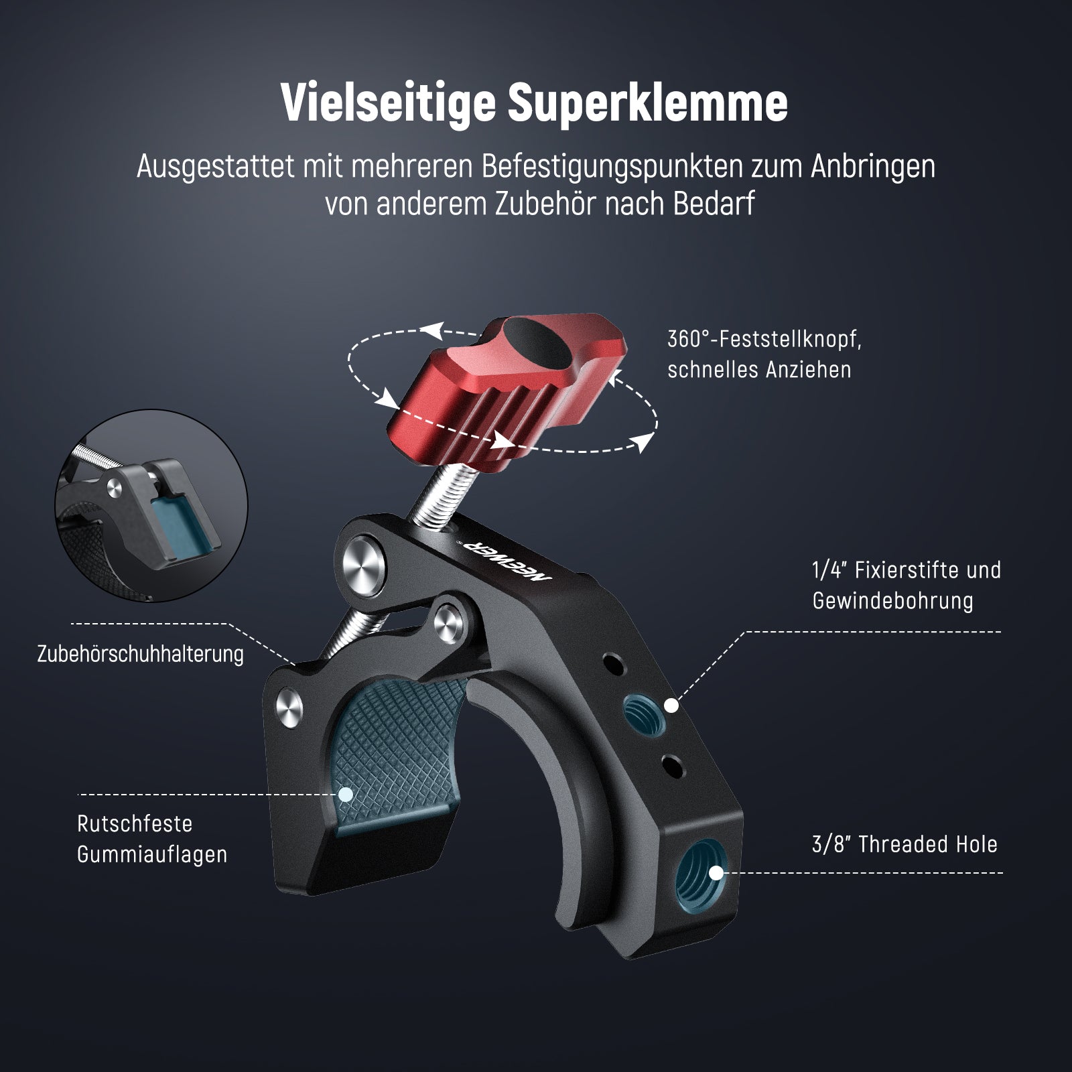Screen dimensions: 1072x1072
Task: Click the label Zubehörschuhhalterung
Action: [141, 654]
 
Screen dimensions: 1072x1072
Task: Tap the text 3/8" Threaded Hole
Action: [904, 844]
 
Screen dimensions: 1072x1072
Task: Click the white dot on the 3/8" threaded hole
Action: [716, 873]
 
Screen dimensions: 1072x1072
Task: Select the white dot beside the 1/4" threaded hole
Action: [672, 705]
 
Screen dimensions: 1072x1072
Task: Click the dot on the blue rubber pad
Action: [346, 794]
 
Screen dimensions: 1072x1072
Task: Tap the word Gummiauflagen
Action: [152, 855]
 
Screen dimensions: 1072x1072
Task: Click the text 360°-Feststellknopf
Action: [764, 339]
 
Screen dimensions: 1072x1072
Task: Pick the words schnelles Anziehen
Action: [759, 370]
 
